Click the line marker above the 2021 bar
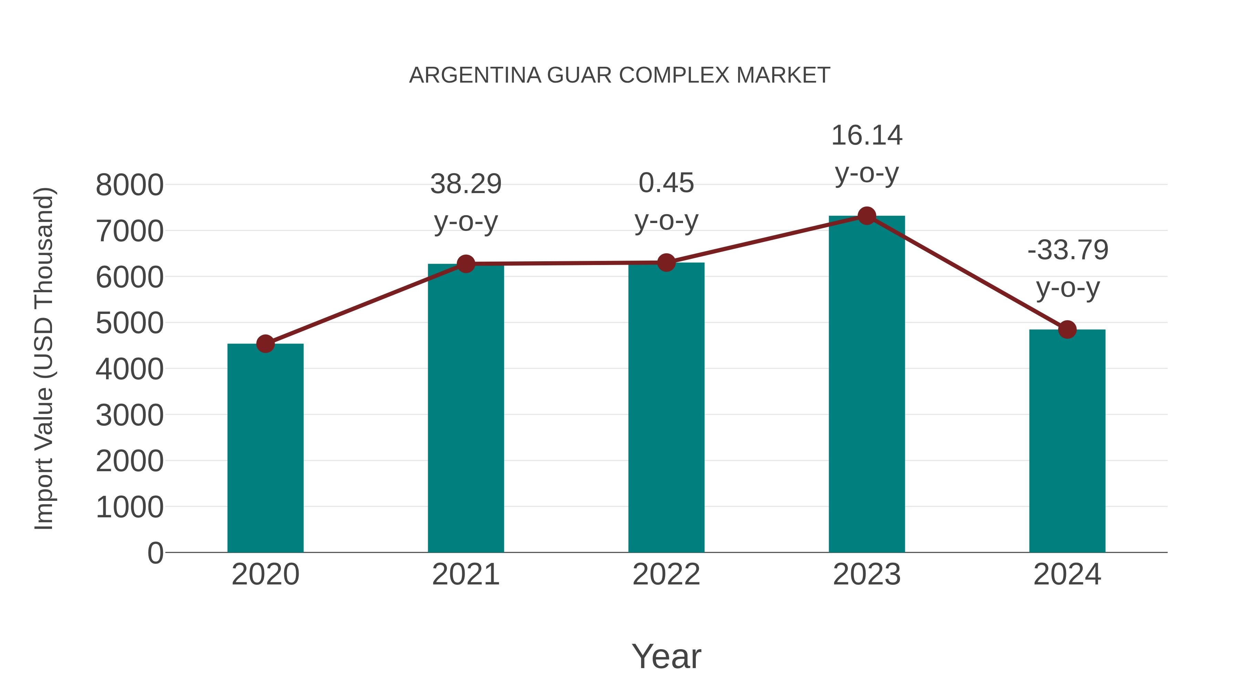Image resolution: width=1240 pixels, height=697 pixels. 465,264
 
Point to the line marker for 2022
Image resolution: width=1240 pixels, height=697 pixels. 666,263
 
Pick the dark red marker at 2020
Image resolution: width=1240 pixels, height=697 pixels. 265,344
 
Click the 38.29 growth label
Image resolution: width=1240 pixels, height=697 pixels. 465,184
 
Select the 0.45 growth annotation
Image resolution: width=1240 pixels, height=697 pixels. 666,183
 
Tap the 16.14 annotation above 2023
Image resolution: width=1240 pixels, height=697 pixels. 867,136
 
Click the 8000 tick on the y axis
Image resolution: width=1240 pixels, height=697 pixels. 130,185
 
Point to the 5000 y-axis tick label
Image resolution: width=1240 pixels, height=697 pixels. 130,323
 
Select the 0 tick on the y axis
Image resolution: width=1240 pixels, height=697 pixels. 155,553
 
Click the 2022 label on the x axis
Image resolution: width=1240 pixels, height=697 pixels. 666,575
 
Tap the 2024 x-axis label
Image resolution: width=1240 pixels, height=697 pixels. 1067,575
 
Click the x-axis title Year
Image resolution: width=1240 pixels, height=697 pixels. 666,657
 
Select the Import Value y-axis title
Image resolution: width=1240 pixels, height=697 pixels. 44,358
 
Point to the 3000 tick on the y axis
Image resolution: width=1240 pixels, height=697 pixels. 130,415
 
